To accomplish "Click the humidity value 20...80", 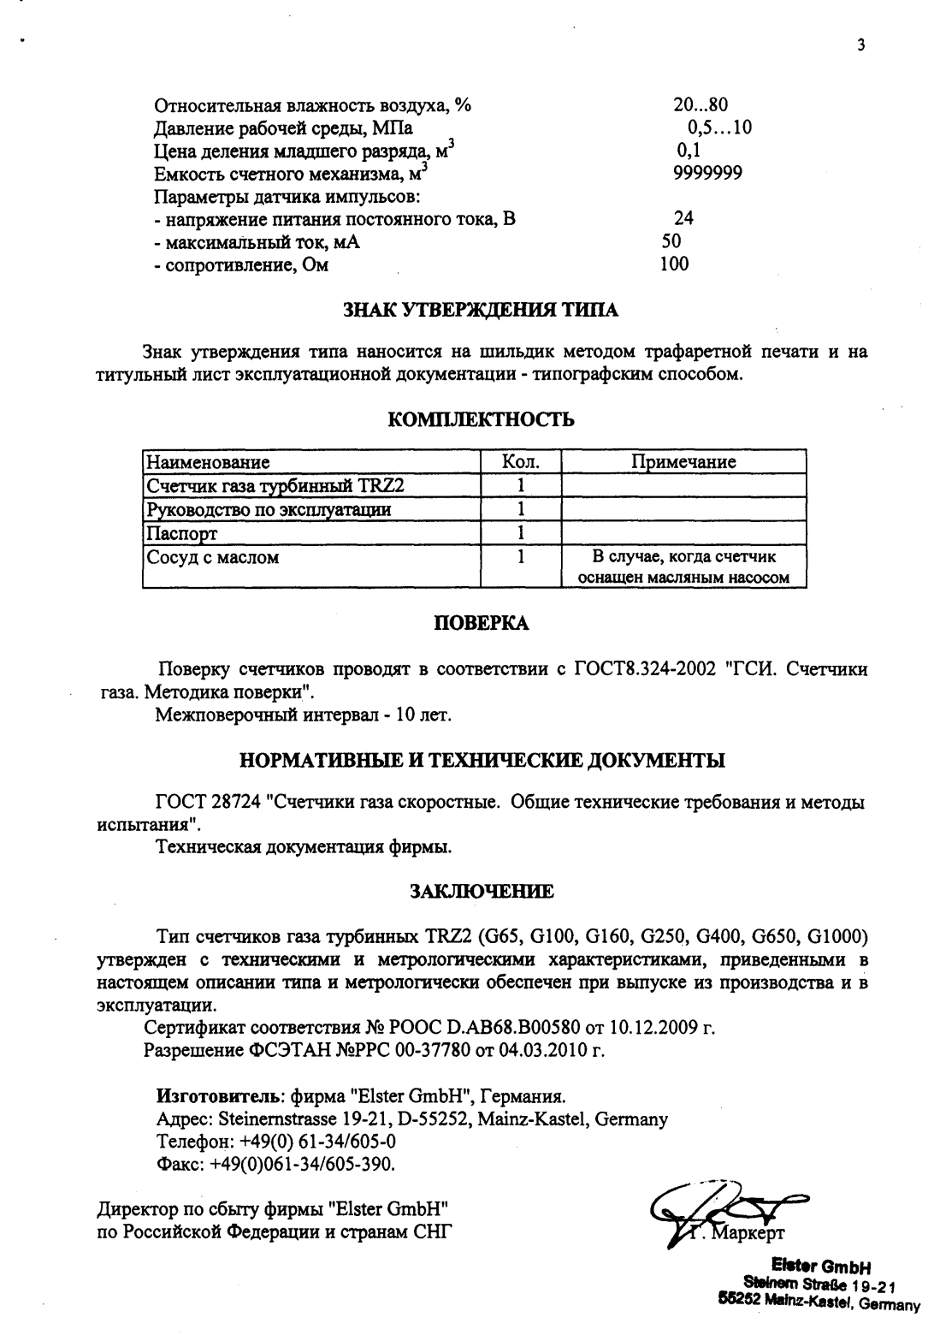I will pyautogui.click(x=700, y=106).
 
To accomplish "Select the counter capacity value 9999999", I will pyautogui.click(x=707, y=173).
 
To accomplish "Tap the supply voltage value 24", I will pyautogui.click(x=683, y=218).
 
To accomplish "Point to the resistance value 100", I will pyautogui.click(x=674, y=264).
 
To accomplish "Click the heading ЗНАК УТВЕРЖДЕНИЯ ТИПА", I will pyautogui.click(x=481, y=310).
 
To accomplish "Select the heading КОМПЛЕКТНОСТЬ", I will pyautogui.click(x=482, y=419).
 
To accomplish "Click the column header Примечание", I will pyautogui.click(x=683, y=462).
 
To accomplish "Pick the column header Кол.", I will pyautogui.click(x=520, y=462).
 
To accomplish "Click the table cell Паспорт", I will pyautogui.click(x=183, y=534).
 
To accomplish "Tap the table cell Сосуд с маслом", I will pyautogui.click(x=214, y=558).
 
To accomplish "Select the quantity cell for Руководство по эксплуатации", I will pyautogui.click(x=520, y=510).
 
